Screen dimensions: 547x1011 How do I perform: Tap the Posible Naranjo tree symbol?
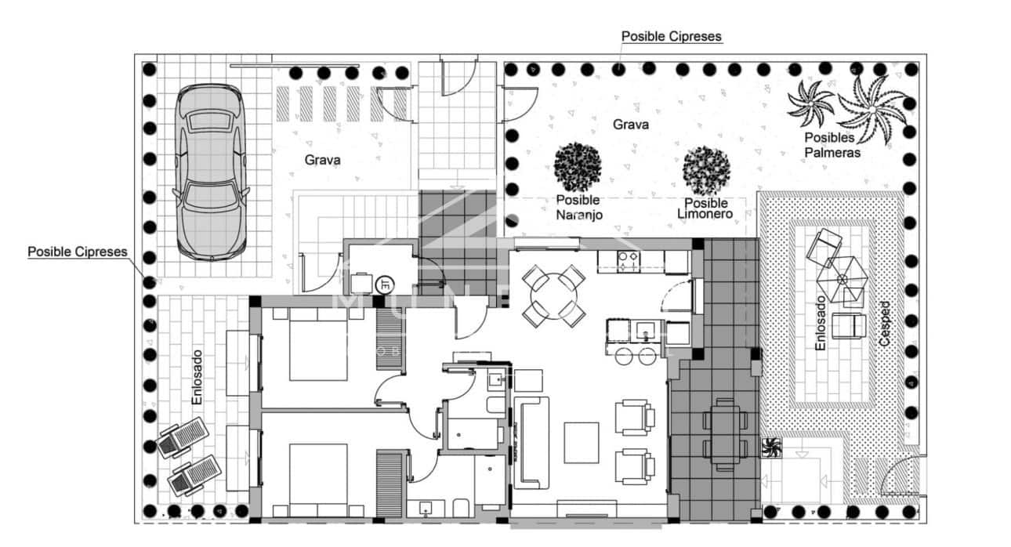[578, 165]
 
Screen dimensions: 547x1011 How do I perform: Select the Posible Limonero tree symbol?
[706, 170]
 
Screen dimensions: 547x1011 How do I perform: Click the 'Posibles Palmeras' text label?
[832, 145]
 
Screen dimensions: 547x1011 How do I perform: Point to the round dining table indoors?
[554, 297]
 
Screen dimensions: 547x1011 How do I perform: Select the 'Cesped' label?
[886, 324]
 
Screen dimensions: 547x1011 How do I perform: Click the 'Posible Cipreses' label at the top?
[671, 36]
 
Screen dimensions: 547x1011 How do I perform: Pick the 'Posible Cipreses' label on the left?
[78, 252]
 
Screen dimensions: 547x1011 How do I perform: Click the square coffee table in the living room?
[581, 442]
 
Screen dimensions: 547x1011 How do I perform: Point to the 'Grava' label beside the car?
[323, 160]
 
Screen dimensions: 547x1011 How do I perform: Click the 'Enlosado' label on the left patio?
[197, 377]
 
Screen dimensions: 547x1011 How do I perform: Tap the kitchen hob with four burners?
[629, 260]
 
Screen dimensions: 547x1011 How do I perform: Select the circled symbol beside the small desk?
[385, 284]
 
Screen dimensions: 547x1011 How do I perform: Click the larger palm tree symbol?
[872, 107]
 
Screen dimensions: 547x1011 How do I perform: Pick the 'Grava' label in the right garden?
[630, 125]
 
